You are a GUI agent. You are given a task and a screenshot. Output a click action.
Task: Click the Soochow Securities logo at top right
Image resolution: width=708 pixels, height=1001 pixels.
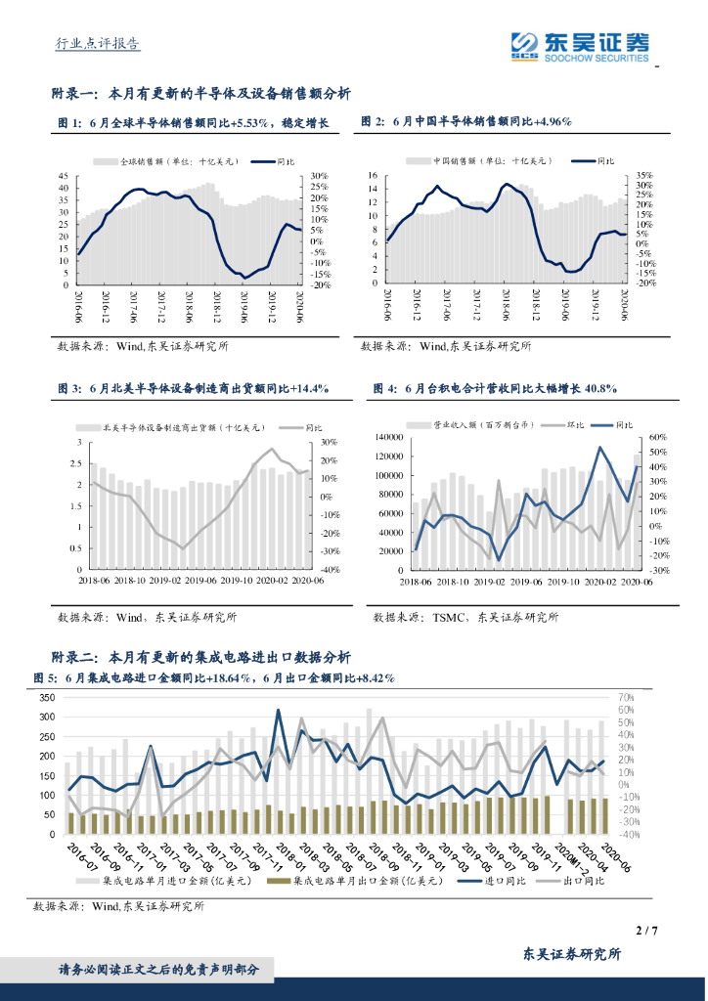[580, 45]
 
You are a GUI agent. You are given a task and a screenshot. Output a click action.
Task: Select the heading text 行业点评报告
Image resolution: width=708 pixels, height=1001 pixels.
[95, 44]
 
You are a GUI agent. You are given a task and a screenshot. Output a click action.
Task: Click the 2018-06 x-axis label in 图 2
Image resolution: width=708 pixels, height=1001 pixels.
[507, 305]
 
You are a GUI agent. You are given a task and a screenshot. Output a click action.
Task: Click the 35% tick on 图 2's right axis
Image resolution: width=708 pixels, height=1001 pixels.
[643, 175]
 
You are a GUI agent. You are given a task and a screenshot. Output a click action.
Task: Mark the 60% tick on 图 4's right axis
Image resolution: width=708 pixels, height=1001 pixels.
[657, 437]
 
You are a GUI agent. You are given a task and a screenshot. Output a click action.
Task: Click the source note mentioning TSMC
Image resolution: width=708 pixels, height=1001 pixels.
[465, 617]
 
